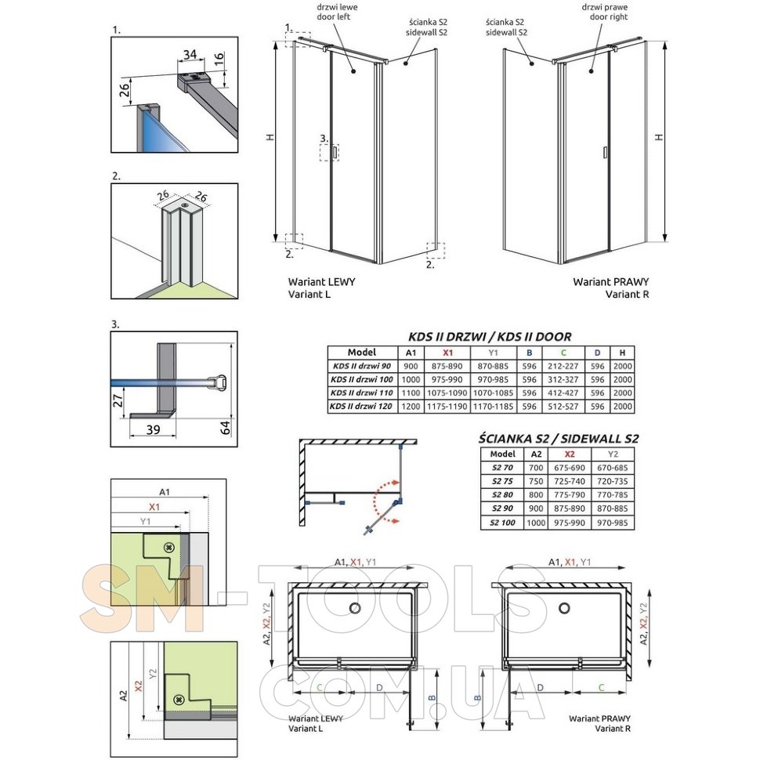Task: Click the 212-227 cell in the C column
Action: [563, 367]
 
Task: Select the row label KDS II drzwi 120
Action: [361, 406]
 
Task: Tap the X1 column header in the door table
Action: [447, 353]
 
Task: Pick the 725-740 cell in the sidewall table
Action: [570, 481]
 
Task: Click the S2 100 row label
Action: [502, 523]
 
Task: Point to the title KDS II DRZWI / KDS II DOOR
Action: [490, 336]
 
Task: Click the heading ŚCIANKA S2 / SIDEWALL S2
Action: [559, 439]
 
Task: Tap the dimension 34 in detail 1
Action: [190, 54]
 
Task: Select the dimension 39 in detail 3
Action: [153, 429]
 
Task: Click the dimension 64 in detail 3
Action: [226, 428]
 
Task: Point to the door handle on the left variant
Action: [335, 152]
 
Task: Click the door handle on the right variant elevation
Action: [605, 152]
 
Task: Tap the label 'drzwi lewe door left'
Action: [334, 12]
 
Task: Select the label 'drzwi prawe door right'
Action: [605, 12]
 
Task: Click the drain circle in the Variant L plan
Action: [355, 608]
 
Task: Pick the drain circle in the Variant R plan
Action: [564, 608]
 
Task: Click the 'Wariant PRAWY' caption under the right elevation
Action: [610, 281]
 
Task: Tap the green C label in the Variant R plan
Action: [601, 687]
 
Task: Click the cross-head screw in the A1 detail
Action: [168, 548]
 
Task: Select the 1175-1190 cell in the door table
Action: [447, 406]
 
